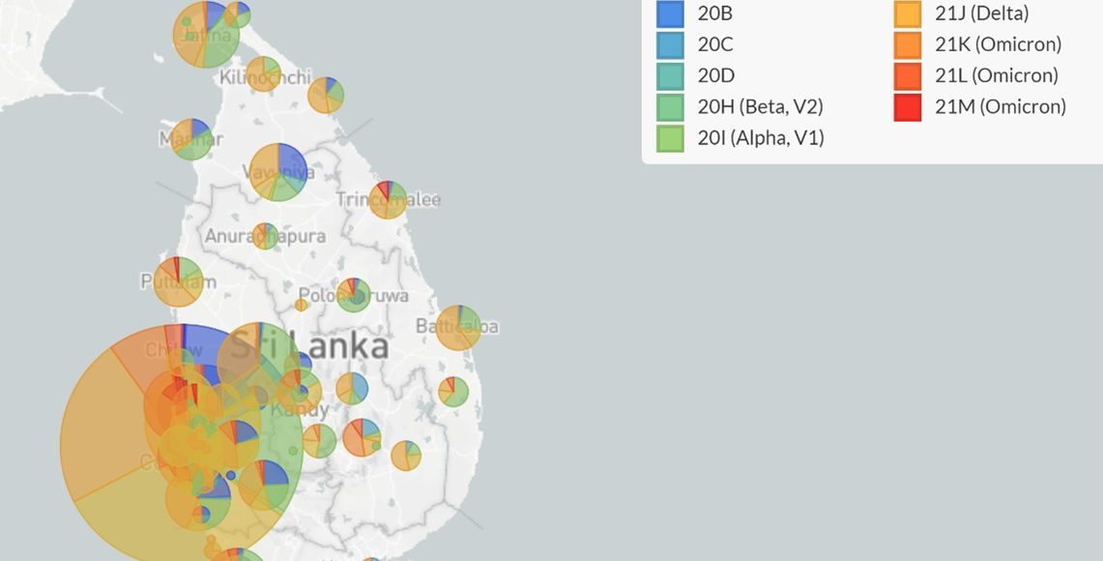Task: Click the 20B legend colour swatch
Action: click(x=670, y=14)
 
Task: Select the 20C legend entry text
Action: click(x=715, y=44)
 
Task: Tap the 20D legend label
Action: click(x=715, y=75)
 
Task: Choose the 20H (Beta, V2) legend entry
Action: click(x=760, y=106)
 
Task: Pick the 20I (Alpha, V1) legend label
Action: click(x=760, y=138)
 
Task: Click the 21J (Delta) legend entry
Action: click(x=981, y=14)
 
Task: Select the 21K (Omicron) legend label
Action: click(x=998, y=44)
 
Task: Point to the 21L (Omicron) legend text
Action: click(x=996, y=75)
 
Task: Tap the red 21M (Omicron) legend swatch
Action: click(x=908, y=106)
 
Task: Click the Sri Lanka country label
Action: click(x=308, y=346)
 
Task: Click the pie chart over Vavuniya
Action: click(x=278, y=172)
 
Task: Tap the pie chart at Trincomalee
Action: click(x=388, y=199)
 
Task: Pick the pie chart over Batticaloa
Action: click(x=458, y=327)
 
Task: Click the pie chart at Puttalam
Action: click(x=179, y=281)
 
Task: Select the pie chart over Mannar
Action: click(x=191, y=139)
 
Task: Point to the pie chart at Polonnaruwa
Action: click(x=353, y=295)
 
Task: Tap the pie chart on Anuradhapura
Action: click(x=265, y=236)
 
